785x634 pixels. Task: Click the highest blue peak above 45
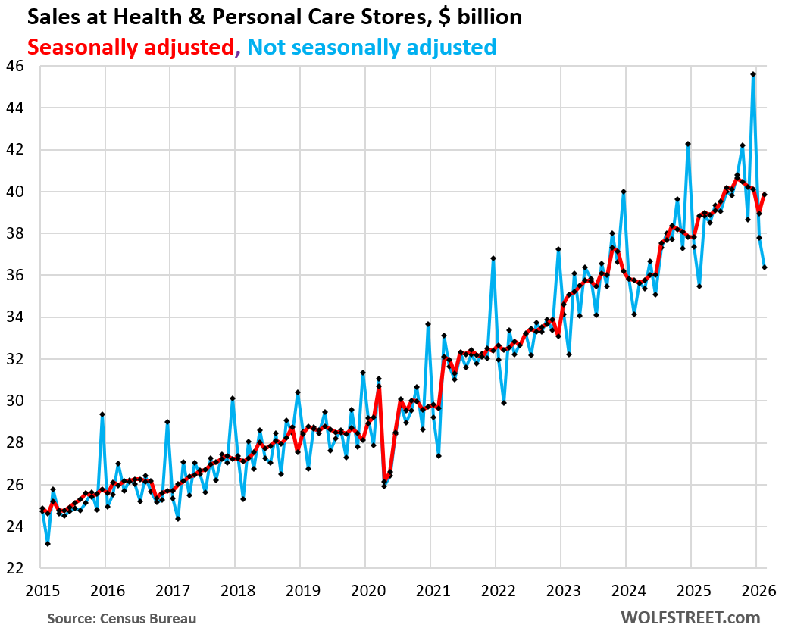point(753,74)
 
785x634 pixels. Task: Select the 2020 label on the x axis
point(365,589)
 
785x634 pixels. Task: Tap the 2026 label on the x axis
point(756,589)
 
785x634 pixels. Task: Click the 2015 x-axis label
point(40,589)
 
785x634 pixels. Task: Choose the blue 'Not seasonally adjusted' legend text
point(371,47)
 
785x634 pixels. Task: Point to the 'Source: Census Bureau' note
point(121,619)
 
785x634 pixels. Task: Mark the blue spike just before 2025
point(688,144)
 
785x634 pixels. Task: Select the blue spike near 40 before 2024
point(623,192)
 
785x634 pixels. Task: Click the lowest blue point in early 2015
point(47,543)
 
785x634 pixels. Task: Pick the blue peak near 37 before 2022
point(493,258)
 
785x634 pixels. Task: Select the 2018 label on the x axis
point(235,589)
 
